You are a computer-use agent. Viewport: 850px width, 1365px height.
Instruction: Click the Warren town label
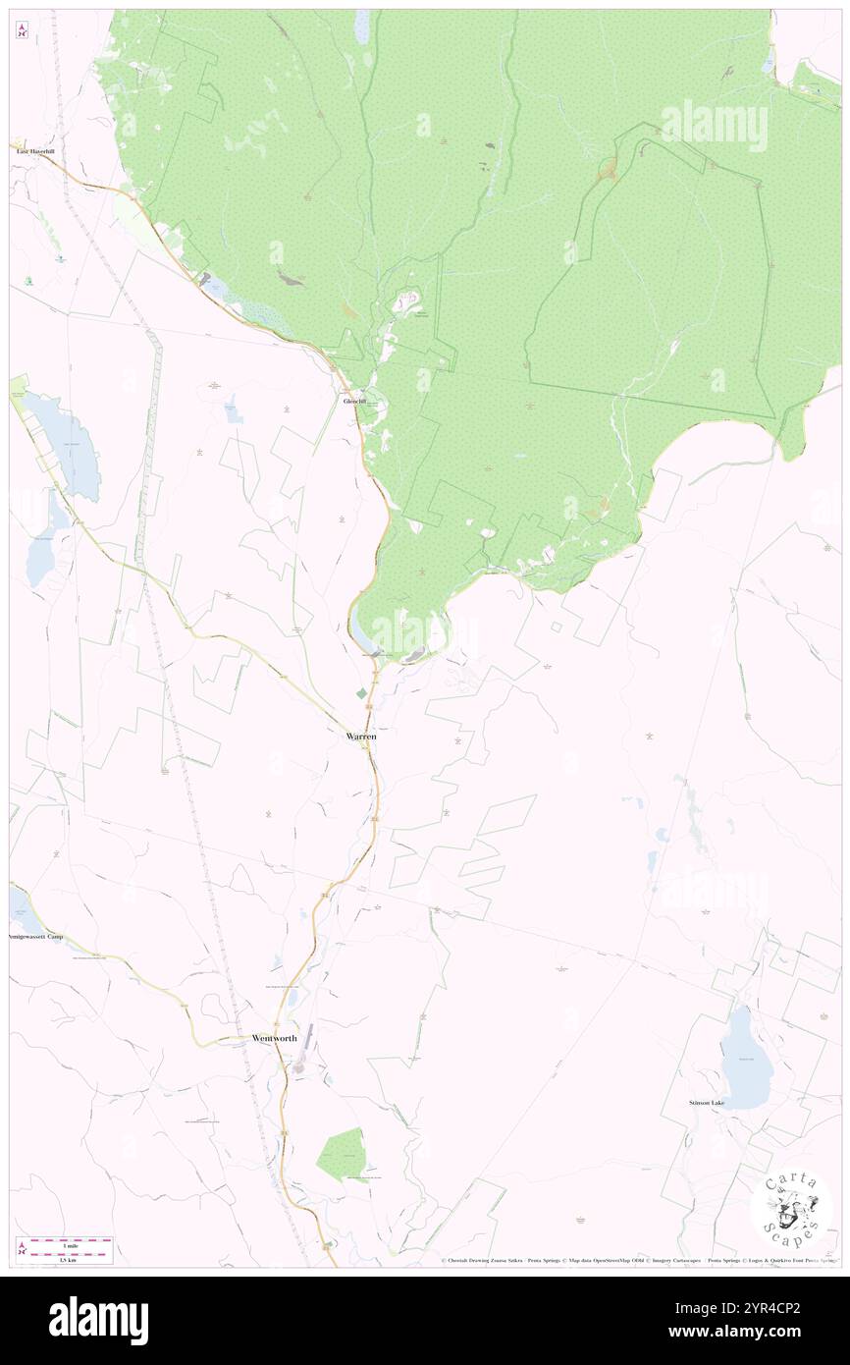point(361,736)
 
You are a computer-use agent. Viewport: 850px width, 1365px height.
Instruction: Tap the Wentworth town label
point(274,1038)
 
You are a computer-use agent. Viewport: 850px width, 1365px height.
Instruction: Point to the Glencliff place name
point(353,402)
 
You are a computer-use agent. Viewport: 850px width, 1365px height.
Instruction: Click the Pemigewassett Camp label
point(36,937)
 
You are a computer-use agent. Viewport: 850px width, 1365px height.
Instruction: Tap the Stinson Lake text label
point(706,1103)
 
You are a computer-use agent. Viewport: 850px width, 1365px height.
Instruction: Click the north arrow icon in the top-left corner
point(22,30)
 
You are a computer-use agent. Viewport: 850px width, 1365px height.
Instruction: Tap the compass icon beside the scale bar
point(22,1249)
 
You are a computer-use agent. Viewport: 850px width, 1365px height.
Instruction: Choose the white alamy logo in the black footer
point(98,1321)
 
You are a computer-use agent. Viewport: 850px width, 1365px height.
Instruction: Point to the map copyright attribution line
point(638,1261)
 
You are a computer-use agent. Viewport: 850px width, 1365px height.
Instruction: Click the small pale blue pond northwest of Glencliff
point(234,411)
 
